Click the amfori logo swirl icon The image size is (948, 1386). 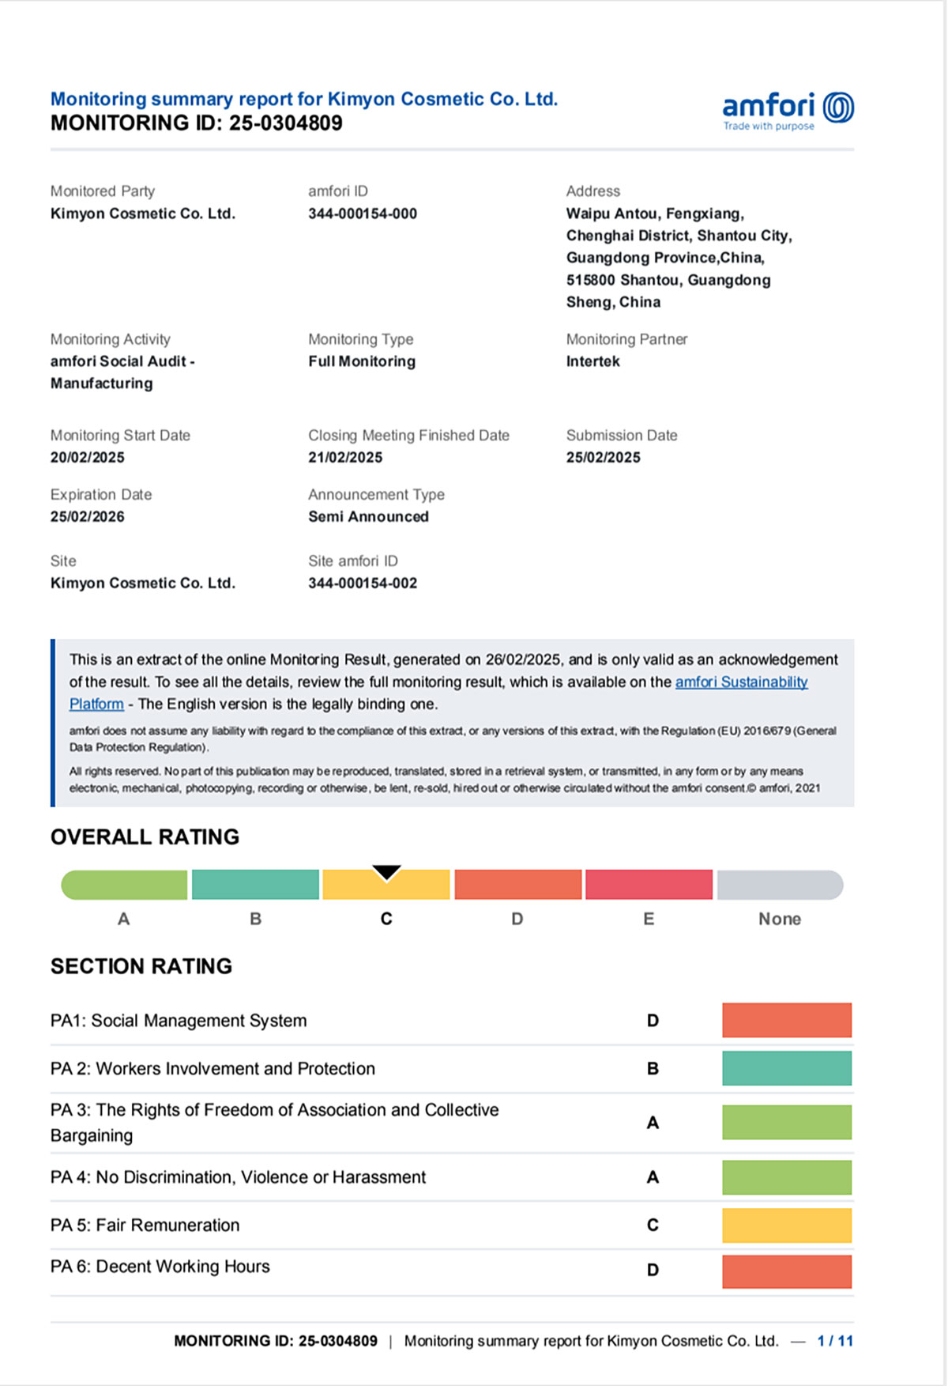tap(838, 108)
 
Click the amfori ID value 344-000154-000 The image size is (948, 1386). tap(363, 213)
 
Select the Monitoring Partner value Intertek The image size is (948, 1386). tap(592, 361)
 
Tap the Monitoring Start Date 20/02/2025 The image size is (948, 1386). tap(88, 457)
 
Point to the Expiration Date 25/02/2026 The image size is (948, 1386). tap(88, 516)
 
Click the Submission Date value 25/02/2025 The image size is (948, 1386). tap(603, 457)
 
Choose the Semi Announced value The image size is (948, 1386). tap(368, 516)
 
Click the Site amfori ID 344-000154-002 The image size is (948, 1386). tap(363, 583)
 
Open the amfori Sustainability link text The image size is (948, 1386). tap(741, 682)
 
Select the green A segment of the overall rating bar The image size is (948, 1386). tap(125, 885)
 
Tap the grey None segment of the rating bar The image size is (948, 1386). tap(780, 885)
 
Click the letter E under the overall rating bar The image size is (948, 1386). tap(649, 919)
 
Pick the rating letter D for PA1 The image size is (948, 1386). tap(653, 1021)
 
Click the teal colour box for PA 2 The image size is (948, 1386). tap(787, 1068)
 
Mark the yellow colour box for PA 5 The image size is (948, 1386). tap(787, 1225)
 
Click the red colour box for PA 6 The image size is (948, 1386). tap(787, 1271)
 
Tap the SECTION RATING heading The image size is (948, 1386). tap(141, 966)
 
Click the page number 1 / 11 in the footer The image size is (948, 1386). tap(835, 1341)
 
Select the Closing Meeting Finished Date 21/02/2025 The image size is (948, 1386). tap(345, 457)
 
